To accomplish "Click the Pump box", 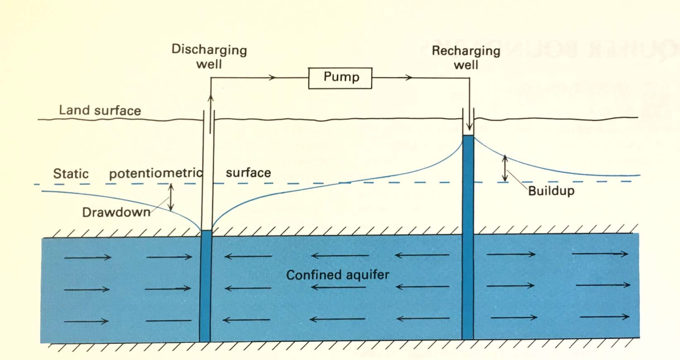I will click(340, 78).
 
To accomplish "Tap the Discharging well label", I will click(209, 57).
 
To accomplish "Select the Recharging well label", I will click(466, 58).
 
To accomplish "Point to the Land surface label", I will click(100, 110).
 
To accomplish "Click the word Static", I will click(71, 173).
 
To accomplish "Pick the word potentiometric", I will click(156, 173).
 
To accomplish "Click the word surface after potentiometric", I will click(248, 173).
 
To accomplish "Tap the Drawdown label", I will click(116, 212).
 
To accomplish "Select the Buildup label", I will click(551, 191).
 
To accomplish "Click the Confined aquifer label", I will click(338, 275).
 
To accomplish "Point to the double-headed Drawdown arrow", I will click(171, 197).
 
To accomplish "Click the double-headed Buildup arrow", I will click(505, 168).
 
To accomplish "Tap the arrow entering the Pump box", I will click(271, 77).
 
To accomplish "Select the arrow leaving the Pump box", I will click(407, 77).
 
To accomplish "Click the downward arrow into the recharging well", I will click(469, 124).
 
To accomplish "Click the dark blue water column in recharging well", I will click(468, 236).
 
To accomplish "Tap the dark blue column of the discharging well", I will click(206, 286).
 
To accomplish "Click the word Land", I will click(74, 110).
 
